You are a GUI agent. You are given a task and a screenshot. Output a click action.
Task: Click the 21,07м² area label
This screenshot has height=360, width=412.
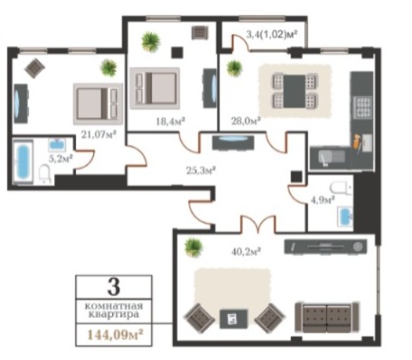(99, 135)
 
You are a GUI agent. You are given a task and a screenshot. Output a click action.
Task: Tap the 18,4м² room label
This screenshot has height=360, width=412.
(170, 121)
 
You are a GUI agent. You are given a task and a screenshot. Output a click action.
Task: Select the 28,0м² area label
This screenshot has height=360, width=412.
(246, 121)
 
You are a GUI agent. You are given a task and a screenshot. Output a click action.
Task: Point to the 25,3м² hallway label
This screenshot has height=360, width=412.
(200, 171)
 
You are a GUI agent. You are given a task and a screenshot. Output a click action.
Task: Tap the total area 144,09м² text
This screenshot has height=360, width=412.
(115, 335)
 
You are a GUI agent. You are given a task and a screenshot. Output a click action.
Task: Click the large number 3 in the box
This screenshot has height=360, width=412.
(113, 287)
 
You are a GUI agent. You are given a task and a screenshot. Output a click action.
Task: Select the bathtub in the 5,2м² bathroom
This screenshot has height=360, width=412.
(23, 161)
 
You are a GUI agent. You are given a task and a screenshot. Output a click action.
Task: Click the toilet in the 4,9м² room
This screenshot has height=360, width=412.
(341, 188)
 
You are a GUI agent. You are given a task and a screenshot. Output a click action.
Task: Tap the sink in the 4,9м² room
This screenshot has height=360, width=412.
(345, 216)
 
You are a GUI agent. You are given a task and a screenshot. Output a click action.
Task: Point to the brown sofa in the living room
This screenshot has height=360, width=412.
(327, 317)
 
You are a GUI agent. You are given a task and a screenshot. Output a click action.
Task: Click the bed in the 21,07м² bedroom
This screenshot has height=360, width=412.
(98, 104)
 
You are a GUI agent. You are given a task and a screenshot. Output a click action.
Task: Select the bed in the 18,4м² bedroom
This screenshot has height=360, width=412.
(155, 88)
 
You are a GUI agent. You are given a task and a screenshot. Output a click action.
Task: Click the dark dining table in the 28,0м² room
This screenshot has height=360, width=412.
(294, 91)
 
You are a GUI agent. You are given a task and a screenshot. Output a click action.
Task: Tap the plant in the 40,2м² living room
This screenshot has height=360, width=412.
(193, 246)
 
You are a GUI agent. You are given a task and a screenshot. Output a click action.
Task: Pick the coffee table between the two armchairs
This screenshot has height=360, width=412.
(234, 319)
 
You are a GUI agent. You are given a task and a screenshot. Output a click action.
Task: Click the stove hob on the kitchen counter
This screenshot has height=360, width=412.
(363, 108)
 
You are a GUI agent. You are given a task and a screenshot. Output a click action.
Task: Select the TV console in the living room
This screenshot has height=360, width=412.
(326, 247)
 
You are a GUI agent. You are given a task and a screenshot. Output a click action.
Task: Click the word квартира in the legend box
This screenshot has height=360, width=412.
(113, 315)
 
